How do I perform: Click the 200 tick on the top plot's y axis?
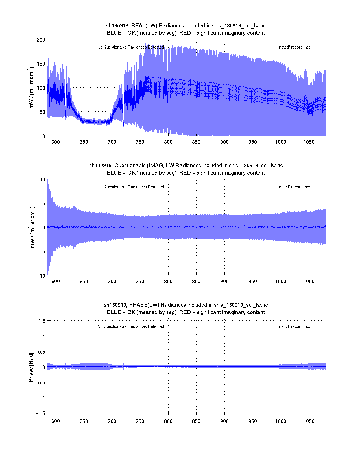41,40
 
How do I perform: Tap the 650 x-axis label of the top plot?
84,142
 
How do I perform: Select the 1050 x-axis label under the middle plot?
309,282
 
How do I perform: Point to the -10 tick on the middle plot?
41,276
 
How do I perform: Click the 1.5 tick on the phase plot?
42,321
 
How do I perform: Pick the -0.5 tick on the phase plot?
40,382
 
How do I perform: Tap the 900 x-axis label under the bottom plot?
224,421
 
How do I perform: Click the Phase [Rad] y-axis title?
31,367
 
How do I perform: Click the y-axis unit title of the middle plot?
32,228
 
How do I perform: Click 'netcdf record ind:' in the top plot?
294,47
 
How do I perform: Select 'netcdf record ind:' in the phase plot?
294,326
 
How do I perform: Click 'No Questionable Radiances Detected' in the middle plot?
130,187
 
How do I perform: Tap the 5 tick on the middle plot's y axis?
43,204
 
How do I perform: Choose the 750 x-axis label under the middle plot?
140,282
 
